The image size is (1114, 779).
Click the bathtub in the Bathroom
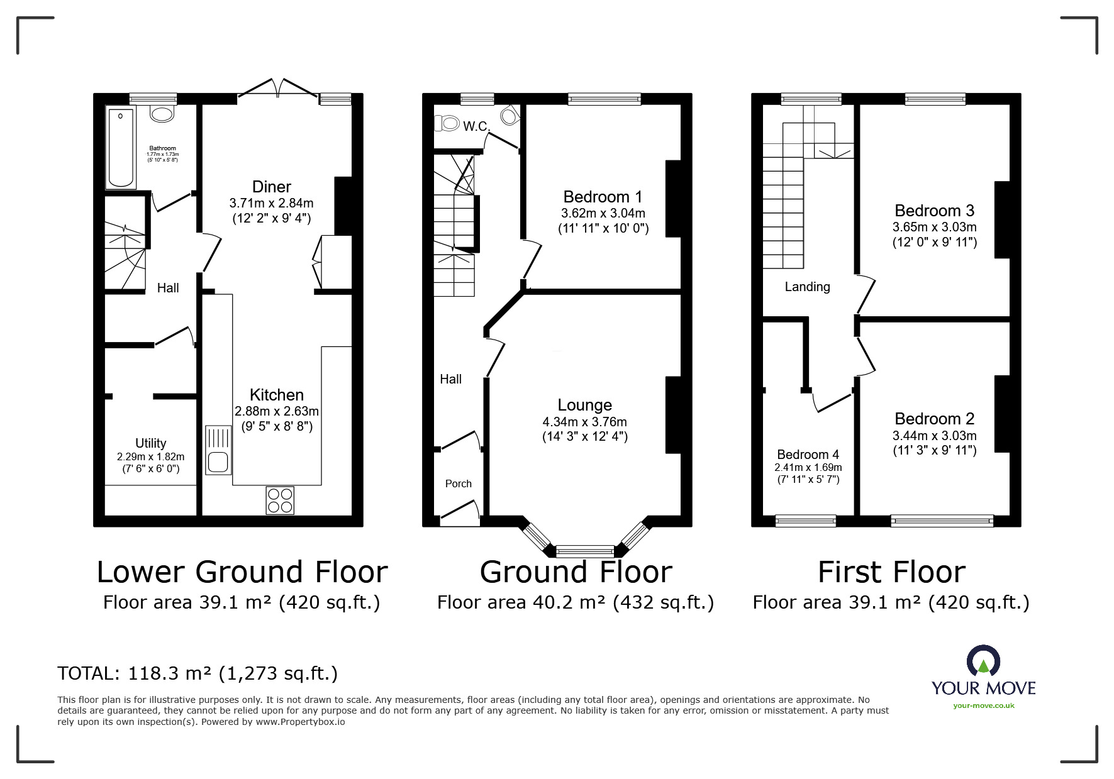click(x=121, y=148)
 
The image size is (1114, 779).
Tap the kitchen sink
click(x=218, y=450)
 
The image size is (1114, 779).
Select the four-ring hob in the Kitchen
click(x=280, y=500)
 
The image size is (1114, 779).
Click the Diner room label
click(x=272, y=187)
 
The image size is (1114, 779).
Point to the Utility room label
click(x=151, y=443)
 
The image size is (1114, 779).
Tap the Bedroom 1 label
click(x=603, y=197)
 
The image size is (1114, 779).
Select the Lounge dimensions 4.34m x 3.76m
click(x=585, y=422)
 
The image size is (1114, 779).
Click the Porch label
click(x=459, y=483)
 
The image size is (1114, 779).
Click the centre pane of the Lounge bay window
click(x=585, y=551)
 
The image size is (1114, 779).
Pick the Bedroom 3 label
click(x=935, y=211)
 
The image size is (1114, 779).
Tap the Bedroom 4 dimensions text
click(x=808, y=473)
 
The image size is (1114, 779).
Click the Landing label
click(x=808, y=287)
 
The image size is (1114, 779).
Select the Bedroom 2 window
click(x=942, y=521)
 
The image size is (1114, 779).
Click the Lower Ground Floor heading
click(x=242, y=572)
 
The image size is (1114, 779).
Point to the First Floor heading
click(x=891, y=572)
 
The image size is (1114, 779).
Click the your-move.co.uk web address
click(x=984, y=705)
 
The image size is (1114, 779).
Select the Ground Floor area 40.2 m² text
click(x=576, y=603)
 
